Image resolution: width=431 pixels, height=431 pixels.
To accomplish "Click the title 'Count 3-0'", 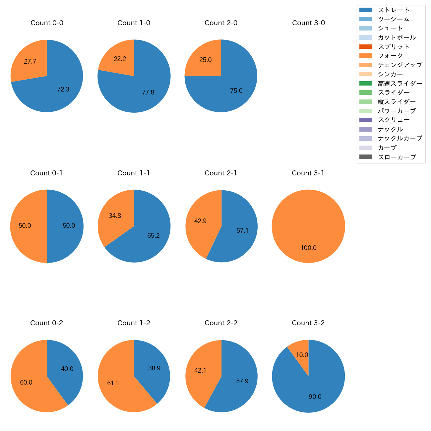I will pyautogui.click(x=308, y=23).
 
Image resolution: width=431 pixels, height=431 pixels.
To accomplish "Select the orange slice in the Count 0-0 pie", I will pyautogui.click(x=30, y=61).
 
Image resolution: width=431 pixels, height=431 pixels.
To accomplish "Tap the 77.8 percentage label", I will pyautogui.click(x=148, y=92).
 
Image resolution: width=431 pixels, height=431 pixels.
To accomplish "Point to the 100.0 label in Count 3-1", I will pyautogui.click(x=308, y=248).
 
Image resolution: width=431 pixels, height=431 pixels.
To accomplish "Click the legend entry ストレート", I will pyautogui.click(x=394, y=10).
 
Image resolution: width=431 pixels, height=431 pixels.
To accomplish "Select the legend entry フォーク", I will pyautogui.click(x=390, y=56).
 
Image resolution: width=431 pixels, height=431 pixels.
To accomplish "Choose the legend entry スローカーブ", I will pyautogui.click(x=397, y=157).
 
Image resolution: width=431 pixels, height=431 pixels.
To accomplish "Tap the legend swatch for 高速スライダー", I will pyautogui.click(x=366, y=84).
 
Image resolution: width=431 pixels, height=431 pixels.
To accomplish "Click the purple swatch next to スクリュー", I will pyautogui.click(x=366, y=120).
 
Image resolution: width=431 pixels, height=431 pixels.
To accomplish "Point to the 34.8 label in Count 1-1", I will pyautogui.click(x=115, y=216).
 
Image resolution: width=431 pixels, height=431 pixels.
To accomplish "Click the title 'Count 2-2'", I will pyautogui.click(x=221, y=323).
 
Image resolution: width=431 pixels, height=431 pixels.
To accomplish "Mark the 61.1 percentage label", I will pyautogui.click(x=113, y=383).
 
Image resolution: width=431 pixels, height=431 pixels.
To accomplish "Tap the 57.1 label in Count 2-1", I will pyautogui.click(x=242, y=231).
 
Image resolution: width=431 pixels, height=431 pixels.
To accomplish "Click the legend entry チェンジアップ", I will pyautogui.click(x=400, y=65).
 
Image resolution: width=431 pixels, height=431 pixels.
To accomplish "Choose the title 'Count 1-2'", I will pyautogui.click(x=134, y=323).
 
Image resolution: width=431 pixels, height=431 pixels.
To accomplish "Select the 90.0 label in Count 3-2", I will pyautogui.click(x=315, y=397).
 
